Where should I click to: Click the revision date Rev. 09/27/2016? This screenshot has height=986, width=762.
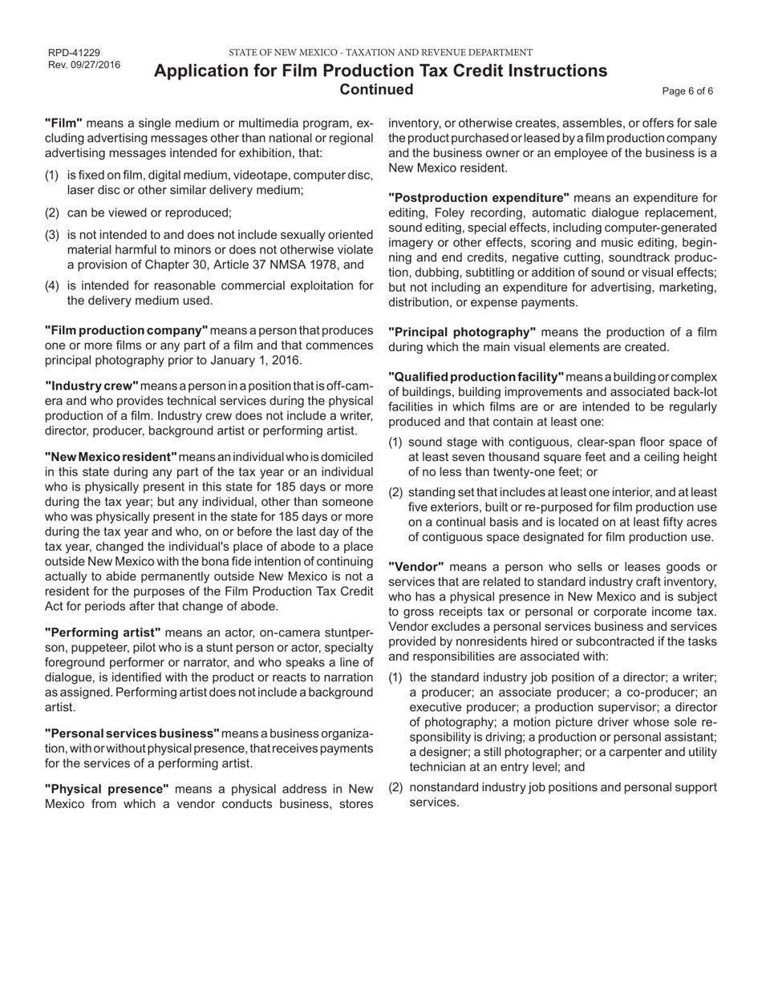(84, 65)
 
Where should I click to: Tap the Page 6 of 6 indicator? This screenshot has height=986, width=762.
(687, 91)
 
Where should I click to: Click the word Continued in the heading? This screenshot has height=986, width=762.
(377, 89)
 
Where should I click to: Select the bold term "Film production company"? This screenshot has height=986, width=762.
(126, 330)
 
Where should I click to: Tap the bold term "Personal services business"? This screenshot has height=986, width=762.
(132, 733)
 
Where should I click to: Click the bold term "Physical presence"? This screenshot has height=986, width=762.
(107, 789)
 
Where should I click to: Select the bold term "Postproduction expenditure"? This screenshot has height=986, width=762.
(479, 198)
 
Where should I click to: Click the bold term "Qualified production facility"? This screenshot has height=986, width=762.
(476, 378)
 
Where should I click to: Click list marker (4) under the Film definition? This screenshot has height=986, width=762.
(51, 285)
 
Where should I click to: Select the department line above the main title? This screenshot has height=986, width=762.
(380, 53)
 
